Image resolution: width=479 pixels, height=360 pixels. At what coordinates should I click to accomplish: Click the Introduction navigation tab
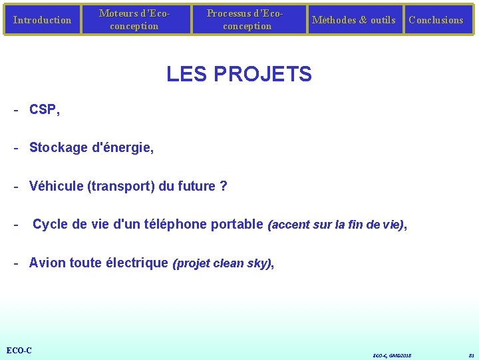click(42, 20)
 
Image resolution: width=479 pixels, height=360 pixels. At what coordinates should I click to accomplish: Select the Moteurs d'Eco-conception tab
click(134, 20)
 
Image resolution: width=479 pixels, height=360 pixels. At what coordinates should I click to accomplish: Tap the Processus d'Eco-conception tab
click(247, 20)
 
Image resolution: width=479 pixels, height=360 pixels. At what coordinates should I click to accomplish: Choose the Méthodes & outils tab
click(353, 20)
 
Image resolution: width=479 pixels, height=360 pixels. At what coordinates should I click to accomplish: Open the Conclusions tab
click(436, 20)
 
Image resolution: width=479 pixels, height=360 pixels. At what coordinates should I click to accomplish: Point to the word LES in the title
click(184, 74)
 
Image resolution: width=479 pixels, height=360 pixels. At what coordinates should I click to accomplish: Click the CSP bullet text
click(43, 110)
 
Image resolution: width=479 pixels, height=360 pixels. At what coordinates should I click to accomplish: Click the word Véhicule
click(56, 186)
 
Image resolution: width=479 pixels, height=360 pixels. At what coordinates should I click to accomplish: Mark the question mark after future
click(224, 186)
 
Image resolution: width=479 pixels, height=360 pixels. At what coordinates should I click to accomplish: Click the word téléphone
click(176, 224)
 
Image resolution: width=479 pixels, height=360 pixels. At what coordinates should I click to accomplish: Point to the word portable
click(237, 224)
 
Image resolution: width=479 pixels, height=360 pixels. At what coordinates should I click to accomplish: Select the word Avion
click(47, 263)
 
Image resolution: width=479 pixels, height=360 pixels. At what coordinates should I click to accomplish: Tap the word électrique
click(137, 263)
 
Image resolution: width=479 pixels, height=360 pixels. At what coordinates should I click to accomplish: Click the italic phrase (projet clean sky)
click(222, 263)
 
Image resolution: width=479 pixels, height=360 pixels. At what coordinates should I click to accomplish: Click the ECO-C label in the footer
click(19, 351)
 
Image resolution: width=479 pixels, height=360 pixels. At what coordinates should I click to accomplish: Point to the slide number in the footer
click(471, 355)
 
